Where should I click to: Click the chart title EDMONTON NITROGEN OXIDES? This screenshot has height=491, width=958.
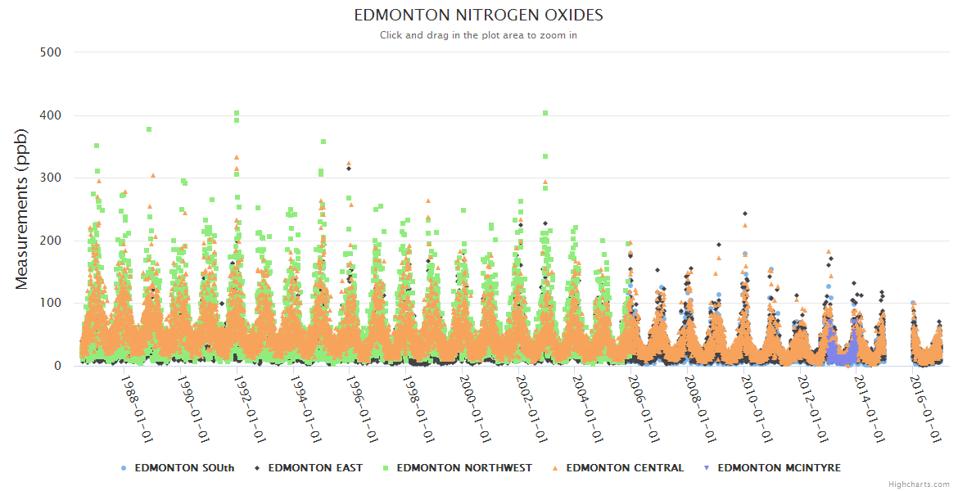tap(478, 16)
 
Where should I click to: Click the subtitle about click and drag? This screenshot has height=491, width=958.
tap(478, 35)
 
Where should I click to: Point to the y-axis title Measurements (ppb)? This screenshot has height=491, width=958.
tap(22, 209)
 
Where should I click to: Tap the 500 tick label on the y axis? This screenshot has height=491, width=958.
tap(51, 52)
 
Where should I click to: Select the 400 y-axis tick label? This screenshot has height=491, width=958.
tap(51, 115)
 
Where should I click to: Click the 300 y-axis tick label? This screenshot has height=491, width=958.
tap(51, 178)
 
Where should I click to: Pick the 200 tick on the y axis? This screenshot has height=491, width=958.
tap(51, 241)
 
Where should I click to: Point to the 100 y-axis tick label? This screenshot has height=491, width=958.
tap(51, 304)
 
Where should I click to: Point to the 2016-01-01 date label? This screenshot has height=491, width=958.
tap(925, 408)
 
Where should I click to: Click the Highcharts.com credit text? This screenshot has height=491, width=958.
tap(919, 484)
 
